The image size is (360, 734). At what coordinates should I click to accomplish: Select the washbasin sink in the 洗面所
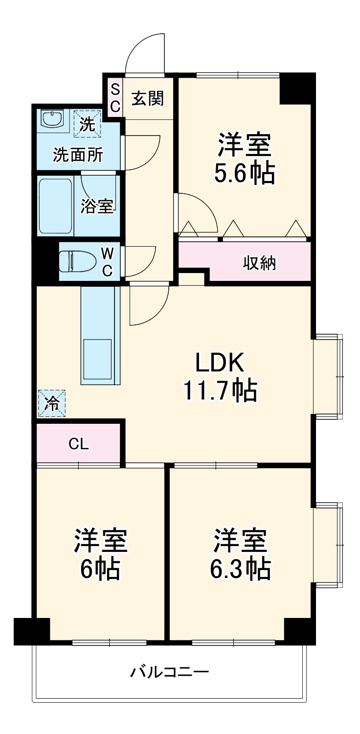(x=52, y=118)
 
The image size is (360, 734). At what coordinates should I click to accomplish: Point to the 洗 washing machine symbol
(x=87, y=124)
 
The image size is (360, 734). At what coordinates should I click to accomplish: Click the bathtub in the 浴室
(x=56, y=206)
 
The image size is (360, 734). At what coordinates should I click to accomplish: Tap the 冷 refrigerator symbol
(x=51, y=404)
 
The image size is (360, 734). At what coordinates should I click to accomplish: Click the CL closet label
(x=78, y=444)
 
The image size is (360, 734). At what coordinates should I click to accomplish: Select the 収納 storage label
(x=260, y=263)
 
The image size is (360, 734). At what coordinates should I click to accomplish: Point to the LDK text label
(x=220, y=363)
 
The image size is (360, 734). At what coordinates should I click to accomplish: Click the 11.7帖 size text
(x=220, y=390)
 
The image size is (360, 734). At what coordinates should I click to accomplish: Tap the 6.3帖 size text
(x=240, y=568)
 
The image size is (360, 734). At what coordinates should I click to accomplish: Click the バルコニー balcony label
(x=169, y=672)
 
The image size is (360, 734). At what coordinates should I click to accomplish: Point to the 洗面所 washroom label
(x=78, y=155)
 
